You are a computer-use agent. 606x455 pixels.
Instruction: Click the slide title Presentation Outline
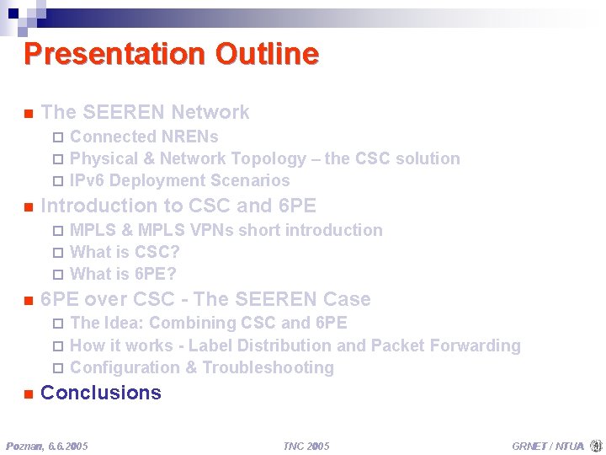[171, 54]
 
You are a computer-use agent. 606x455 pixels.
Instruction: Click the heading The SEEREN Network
[145, 112]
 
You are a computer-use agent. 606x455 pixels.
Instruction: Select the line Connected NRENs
[144, 136]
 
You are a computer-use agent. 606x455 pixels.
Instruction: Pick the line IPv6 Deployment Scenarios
[179, 180]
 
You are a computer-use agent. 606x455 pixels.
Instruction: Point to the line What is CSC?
[125, 252]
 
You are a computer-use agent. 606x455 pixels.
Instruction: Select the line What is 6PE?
[123, 274]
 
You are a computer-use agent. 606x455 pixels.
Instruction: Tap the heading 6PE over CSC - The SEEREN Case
[205, 299]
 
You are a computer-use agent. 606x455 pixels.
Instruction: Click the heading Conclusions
[101, 393]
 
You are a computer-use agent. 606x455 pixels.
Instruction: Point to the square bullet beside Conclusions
[28, 393]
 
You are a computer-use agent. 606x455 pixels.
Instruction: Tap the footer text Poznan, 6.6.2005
[47, 445]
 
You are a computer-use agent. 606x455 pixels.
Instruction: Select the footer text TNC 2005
[306, 445]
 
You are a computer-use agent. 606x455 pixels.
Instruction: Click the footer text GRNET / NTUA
[547, 445]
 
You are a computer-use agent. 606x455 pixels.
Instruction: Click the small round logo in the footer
[596, 445]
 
